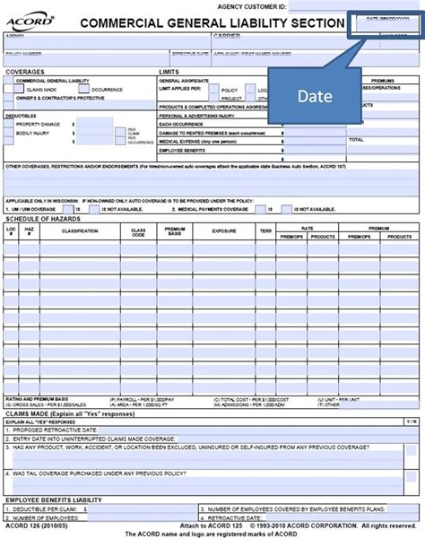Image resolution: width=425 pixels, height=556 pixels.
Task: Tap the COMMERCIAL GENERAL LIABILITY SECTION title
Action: coord(212,23)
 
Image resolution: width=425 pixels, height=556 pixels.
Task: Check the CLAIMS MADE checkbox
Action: coord(22,89)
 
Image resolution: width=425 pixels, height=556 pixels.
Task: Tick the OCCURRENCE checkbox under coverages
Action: coord(82,89)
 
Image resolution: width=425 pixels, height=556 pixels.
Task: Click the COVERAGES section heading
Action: coord(25,71)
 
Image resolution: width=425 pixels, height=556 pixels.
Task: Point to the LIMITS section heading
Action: coord(169,71)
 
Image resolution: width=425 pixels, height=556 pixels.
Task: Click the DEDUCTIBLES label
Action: coord(22,115)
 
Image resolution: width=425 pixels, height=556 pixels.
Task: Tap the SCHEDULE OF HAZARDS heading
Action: coord(43,218)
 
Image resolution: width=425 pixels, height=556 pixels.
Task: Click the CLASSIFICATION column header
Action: coord(80,230)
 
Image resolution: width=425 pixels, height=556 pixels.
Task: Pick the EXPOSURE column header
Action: coord(223,230)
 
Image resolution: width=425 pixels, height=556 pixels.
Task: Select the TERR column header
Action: coord(265,230)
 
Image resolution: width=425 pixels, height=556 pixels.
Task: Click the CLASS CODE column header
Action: coord(138,230)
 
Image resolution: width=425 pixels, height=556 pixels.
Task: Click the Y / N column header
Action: coord(410,421)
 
